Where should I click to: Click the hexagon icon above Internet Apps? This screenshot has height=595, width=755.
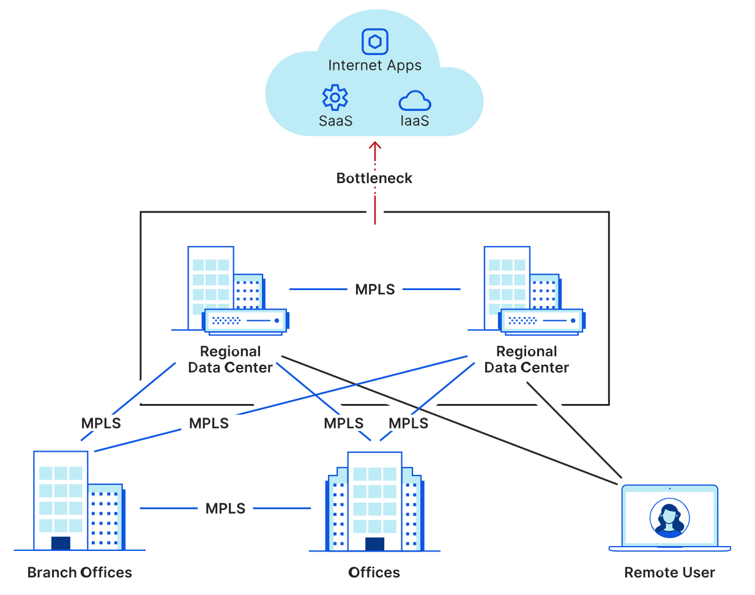(375, 42)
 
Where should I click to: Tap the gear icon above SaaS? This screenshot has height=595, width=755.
(335, 97)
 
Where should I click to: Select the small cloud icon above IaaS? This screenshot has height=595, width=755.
(415, 100)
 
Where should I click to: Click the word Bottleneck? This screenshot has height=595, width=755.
(374, 178)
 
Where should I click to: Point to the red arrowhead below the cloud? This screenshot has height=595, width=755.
(375, 146)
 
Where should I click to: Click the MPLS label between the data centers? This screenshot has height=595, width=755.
(375, 290)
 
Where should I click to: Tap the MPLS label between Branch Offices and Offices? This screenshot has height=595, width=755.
(225, 509)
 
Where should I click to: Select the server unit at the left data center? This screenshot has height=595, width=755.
(245, 321)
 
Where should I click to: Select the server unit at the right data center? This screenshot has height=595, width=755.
(541, 321)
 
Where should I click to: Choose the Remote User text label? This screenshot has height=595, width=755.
(669, 572)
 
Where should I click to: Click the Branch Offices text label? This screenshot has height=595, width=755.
(80, 572)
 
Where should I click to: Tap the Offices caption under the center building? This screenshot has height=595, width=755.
(374, 572)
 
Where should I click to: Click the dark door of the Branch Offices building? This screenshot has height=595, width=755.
(61, 543)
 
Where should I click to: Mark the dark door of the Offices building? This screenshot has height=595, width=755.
(374, 544)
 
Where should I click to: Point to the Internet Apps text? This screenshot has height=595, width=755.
(374, 65)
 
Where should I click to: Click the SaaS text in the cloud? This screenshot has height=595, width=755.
(335, 121)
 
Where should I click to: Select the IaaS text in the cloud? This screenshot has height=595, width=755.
(415, 121)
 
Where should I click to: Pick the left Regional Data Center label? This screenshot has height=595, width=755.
(230, 359)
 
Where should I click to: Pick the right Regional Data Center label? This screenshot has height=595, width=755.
(526, 359)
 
